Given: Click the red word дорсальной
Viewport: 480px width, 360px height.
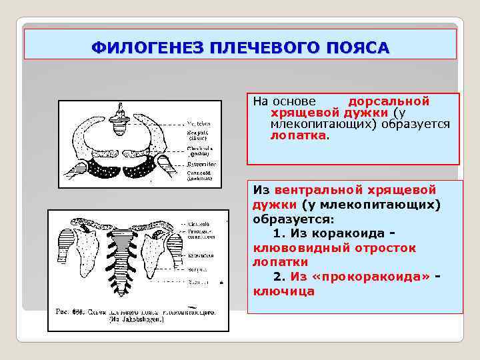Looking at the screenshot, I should (x=389, y=101).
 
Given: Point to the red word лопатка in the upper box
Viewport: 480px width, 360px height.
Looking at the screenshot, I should (x=299, y=135).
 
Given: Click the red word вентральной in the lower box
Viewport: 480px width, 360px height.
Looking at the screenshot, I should (x=320, y=189).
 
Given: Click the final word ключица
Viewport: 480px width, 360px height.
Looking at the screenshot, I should (x=283, y=292).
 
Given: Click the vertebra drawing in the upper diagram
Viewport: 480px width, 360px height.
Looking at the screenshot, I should (x=120, y=119).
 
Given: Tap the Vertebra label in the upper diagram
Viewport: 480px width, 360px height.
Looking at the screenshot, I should (x=198, y=123).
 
